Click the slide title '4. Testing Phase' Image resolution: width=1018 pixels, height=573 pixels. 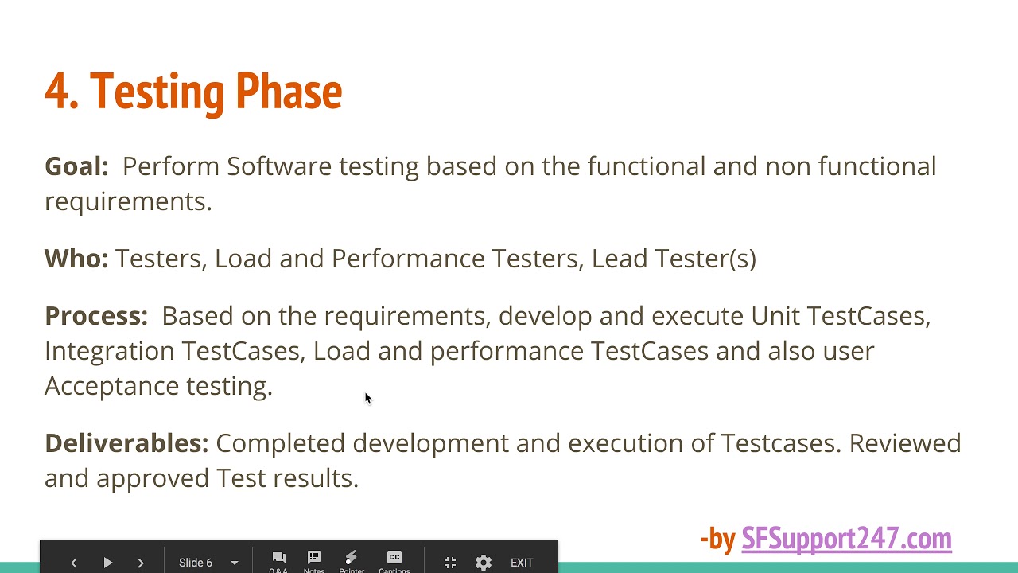point(193,92)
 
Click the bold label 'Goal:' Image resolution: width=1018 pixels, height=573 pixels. point(76,166)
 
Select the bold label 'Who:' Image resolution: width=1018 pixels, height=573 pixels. point(76,259)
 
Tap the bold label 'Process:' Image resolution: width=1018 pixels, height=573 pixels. point(96,316)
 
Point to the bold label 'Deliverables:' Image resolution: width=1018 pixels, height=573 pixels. point(126,443)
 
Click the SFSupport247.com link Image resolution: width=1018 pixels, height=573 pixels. point(846,539)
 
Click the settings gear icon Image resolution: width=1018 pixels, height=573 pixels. point(484,563)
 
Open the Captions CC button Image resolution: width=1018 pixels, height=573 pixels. point(394,560)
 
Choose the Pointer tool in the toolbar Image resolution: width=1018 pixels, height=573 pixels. point(352,560)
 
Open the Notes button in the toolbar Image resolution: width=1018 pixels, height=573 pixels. point(314,560)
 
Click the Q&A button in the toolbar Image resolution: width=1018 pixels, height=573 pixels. point(278,560)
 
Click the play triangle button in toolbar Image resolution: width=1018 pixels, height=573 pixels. point(107,563)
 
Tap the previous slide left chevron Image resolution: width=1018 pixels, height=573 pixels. point(74,563)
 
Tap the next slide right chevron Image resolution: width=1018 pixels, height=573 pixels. point(141,563)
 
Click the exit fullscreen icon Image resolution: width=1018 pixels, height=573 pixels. point(450,563)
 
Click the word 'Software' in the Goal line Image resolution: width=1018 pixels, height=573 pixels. point(278,166)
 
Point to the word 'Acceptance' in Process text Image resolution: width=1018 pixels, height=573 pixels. point(111,386)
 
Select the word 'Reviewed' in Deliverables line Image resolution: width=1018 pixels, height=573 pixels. point(905,443)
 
